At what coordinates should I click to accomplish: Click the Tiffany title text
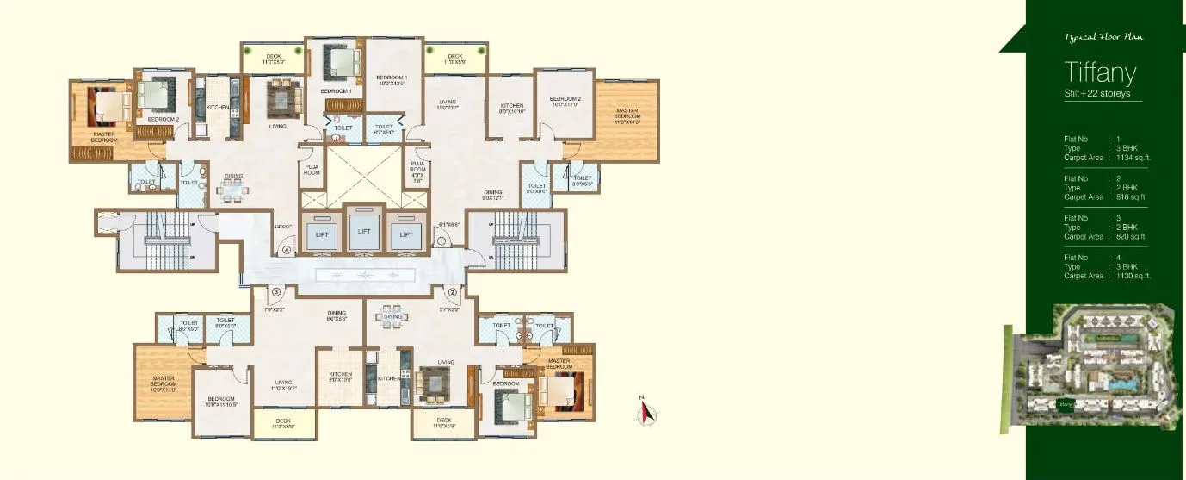click(1101, 72)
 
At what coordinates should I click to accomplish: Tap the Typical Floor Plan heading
click(1103, 38)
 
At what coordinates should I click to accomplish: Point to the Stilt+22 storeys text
click(1097, 93)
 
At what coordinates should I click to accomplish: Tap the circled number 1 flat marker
click(442, 242)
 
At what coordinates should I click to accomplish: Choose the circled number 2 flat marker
click(451, 291)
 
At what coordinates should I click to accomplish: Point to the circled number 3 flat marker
click(277, 291)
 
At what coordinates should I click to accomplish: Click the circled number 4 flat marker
click(286, 251)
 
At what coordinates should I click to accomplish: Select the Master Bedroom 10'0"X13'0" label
click(164, 383)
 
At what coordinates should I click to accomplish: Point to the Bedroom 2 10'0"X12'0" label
click(565, 101)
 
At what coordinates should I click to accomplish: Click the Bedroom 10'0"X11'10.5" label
click(221, 402)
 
